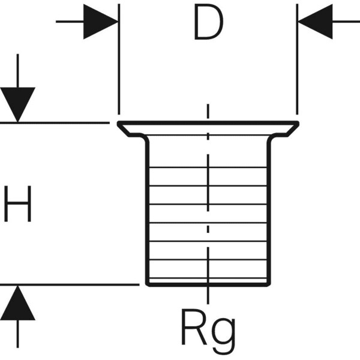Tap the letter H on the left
pos(17,204)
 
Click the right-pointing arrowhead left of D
pos(100,22)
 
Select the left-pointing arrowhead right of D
pos(314,22)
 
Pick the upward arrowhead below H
pos(17,303)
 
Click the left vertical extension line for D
pos(119,60)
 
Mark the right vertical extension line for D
pos(297,60)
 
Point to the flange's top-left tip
pos(118,123)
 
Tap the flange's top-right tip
pos(298,123)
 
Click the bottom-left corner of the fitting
pos(148,284)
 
